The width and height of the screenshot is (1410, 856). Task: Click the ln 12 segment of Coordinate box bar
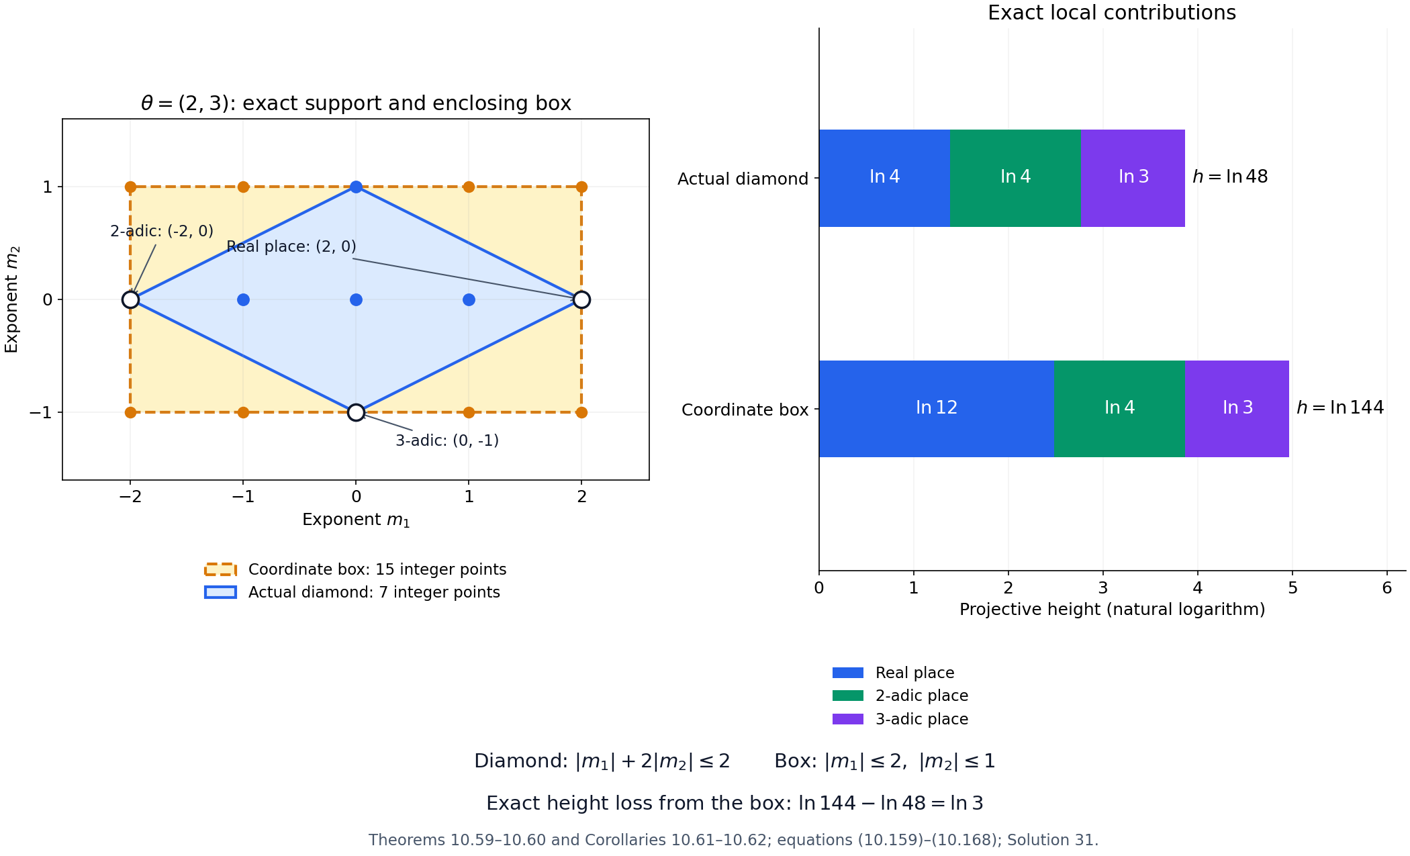(936, 409)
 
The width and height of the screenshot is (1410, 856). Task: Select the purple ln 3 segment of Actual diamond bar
(1133, 178)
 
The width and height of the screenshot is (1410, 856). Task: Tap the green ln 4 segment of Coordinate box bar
(1119, 409)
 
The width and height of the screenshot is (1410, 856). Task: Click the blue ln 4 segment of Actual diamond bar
(884, 178)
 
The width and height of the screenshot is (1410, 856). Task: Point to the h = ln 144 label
(1339, 408)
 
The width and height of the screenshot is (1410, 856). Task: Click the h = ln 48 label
(1229, 177)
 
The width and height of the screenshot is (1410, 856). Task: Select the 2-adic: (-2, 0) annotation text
(162, 231)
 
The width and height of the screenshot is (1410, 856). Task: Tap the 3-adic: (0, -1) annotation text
(447, 440)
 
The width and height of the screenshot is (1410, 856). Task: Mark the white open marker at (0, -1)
(356, 412)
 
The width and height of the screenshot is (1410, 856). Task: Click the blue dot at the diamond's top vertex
(356, 187)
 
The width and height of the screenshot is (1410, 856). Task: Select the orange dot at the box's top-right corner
(581, 187)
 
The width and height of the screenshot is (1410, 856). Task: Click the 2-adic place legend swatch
(848, 696)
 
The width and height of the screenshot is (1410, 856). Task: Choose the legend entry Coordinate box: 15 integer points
(356, 569)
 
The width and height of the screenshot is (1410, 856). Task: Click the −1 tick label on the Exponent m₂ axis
(40, 412)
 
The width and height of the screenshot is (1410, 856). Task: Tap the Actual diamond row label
(743, 179)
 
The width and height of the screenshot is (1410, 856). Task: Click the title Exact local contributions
(1112, 13)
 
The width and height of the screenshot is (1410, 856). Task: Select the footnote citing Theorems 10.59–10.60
(733, 840)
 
